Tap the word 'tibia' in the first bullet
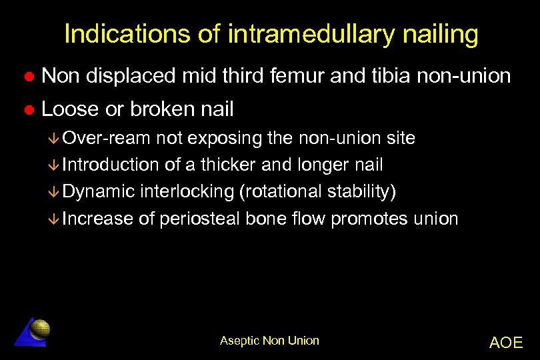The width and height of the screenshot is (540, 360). tap(388, 77)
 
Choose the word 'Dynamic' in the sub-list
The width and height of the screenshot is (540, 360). tap(99, 192)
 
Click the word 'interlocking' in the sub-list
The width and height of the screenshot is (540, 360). tap(187, 192)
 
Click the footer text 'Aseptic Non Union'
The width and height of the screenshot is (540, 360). tap(269, 341)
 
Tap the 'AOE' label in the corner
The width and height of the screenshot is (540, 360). tap(506, 343)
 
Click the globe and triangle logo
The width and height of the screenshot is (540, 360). tap(33, 331)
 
